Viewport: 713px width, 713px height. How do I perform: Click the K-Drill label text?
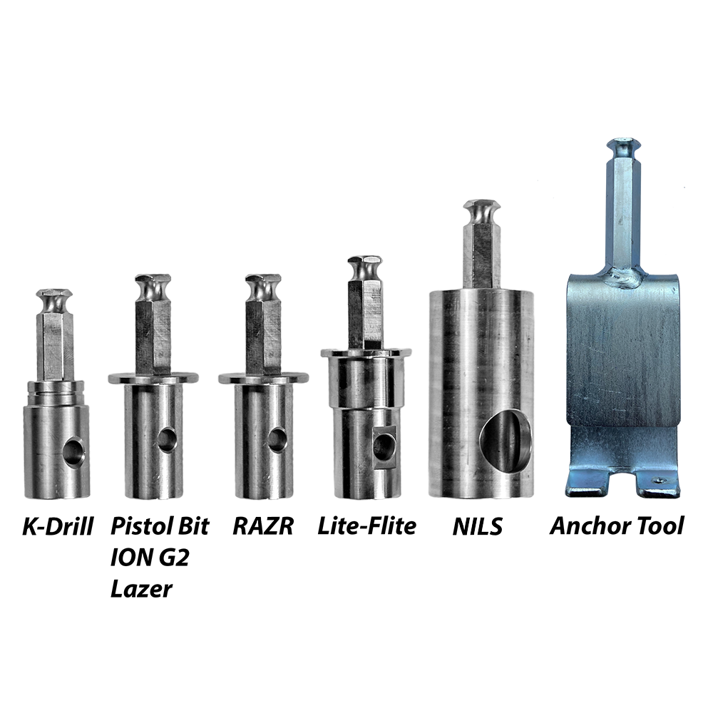58,527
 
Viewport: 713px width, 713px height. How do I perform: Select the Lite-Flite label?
366,526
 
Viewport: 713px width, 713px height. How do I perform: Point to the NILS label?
478,527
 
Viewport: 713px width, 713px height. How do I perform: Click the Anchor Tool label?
617,526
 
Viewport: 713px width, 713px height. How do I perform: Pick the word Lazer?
141,589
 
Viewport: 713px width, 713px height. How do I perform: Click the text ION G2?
150,558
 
